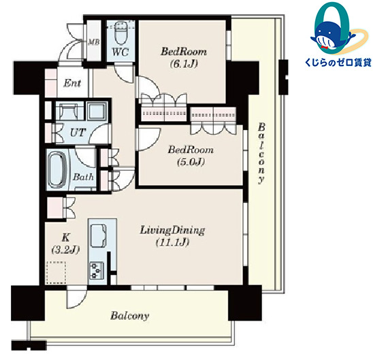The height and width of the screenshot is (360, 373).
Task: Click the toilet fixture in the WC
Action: [x=120, y=33]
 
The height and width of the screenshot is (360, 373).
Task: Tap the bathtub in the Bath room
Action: [x=57, y=169]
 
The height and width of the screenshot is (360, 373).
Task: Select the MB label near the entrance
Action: [x=93, y=42]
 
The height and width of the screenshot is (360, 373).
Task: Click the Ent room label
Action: [x=72, y=83]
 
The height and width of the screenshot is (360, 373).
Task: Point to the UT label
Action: [x=78, y=133]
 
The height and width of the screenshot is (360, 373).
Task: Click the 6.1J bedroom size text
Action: [x=184, y=63]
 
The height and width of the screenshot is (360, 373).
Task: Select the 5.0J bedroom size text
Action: [x=191, y=162]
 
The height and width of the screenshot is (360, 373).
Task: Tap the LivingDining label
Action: [x=172, y=231]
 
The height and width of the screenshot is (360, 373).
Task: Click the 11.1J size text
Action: [x=172, y=242]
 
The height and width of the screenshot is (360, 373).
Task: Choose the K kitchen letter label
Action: [x=65, y=237]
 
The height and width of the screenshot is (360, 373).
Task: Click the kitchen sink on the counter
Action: [x=98, y=236]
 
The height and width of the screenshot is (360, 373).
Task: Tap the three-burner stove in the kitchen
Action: [x=97, y=270]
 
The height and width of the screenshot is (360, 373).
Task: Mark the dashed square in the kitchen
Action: [x=56, y=273]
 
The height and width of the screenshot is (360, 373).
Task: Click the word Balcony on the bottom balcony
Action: [x=129, y=316]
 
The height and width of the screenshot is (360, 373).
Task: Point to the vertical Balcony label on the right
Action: [x=261, y=153]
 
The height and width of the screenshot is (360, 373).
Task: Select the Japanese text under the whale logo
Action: [x=338, y=63]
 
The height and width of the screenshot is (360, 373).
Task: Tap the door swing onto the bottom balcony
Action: [x=76, y=297]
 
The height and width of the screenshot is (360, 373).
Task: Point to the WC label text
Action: [x=120, y=52]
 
